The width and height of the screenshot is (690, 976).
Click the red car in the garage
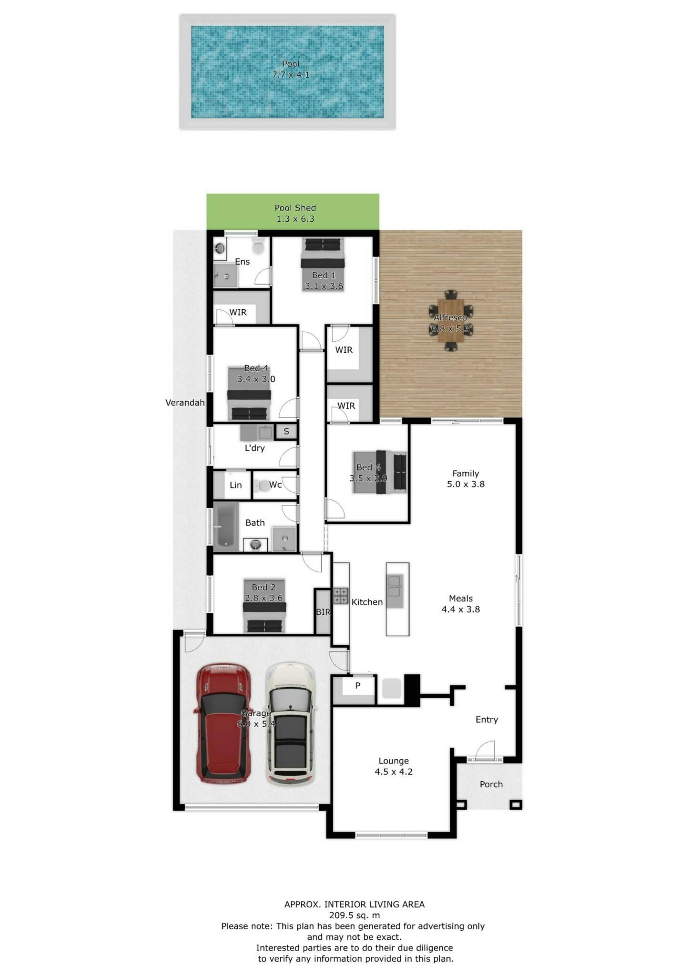point(223,722)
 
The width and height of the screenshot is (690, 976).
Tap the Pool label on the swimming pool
point(291,64)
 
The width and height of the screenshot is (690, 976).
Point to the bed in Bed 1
point(323,264)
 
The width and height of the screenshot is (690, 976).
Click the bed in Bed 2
point(264,606)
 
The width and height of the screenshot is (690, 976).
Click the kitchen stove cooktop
point(340,596)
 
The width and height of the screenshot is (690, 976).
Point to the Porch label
point(491,784)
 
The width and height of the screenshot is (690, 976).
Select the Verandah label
point(185,403)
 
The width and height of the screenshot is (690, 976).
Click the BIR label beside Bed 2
point(323,612)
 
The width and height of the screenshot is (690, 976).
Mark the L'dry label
point(254,448)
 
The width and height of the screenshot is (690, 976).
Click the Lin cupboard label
point(235,485)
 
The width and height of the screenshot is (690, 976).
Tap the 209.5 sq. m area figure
point(355,915)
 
